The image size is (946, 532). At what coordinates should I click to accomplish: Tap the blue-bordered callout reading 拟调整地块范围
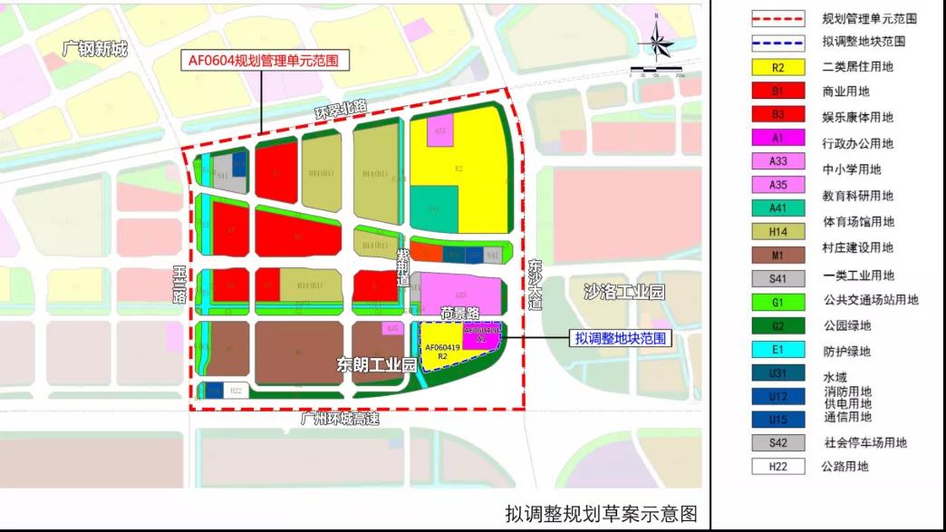coord(622,338)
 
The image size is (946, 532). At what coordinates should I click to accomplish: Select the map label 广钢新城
coord(95,49)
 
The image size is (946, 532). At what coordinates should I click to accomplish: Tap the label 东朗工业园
coord(376,365)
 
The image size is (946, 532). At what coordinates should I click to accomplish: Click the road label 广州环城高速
coord(340,419)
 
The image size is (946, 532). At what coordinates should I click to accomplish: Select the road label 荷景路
coord(459,312)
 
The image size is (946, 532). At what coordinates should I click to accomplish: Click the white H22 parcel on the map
coord(236,391)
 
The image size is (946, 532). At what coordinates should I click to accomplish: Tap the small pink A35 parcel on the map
coord(392,328)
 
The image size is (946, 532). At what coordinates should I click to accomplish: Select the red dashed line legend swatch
coord(777,17)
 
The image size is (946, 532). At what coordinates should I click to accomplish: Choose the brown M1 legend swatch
coord(777,247)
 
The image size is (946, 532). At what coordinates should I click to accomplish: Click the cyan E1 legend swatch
coord(777,352)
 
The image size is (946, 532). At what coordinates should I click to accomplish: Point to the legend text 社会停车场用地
coord(864,443)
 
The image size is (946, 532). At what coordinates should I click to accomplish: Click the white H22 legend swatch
coord(777,467)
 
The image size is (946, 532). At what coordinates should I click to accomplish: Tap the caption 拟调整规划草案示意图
coord(602,514)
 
